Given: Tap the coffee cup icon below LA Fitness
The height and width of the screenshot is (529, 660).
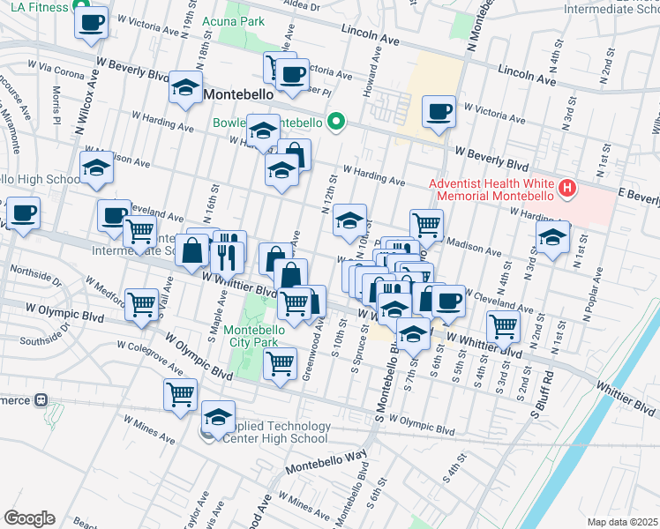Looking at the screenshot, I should tap(91, 22).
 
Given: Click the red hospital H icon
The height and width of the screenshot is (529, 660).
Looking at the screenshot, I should tap(567, 188).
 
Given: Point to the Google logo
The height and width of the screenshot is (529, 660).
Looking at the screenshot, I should tap(29, 518).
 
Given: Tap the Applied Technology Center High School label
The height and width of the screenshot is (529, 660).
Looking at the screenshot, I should tap(276, 432).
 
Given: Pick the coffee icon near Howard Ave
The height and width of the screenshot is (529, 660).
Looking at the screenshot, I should tap(439, 112).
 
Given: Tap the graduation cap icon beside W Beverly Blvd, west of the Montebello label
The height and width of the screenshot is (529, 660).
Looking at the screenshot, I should tap(186, 87).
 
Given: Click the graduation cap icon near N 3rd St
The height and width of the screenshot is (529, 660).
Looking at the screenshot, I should tap(552, 237).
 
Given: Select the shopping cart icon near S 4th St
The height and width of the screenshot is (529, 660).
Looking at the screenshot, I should tap(504, 326).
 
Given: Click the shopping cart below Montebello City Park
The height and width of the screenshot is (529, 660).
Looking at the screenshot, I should tap(281, 362).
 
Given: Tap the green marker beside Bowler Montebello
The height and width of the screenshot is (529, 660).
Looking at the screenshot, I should tap(335, 122).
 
